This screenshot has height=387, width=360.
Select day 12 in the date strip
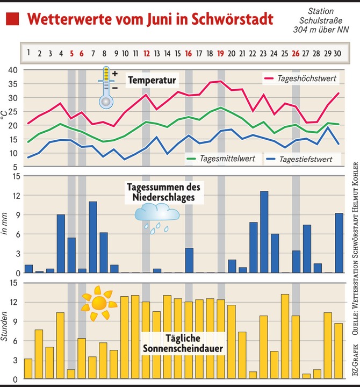[146, 53]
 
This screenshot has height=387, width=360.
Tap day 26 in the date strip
[296, 53]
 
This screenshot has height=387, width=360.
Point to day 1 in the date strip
[28, 53]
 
